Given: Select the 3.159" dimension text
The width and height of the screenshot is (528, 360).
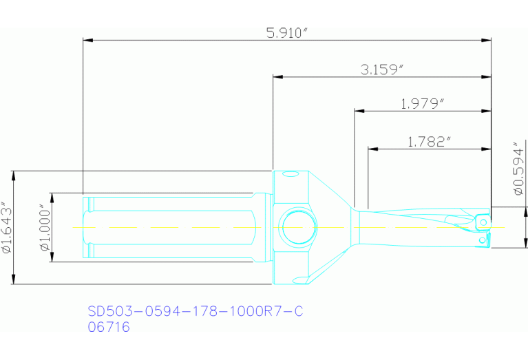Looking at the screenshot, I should (381, 70).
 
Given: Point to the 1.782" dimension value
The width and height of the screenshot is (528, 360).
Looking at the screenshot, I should (429, 142).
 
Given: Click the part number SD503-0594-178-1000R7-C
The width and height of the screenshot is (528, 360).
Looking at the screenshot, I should (195, 312).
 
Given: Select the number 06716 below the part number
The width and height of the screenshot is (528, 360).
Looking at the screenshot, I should (109, 328).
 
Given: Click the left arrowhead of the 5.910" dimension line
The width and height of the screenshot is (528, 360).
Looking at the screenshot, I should (86, 40).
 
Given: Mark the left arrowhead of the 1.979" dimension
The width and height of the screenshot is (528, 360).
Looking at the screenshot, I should (357, 110).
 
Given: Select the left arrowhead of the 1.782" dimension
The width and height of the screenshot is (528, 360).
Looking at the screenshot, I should (371, 148).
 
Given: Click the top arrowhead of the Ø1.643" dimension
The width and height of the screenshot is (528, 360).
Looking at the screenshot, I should (14, 173).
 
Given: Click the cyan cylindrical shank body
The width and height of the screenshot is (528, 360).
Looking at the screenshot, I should (172, 226).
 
